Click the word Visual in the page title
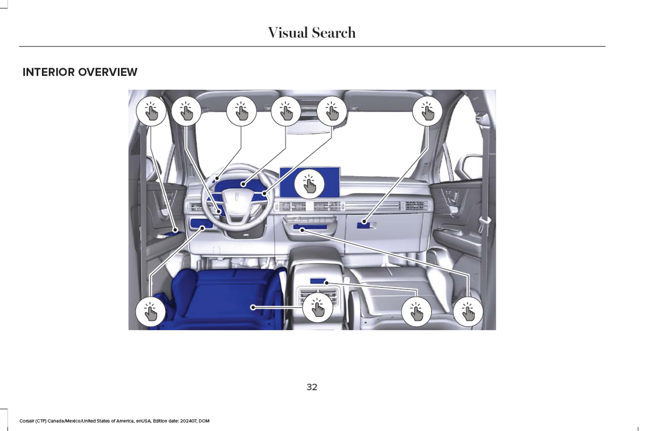click(x=287, y=33)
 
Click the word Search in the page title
click(x=333, y=33)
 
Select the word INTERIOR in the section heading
click(x=49, y=72)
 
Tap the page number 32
click(x=312, y=387)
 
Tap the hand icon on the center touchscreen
click(x=309, y=184)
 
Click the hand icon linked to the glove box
click(x=427, y=111)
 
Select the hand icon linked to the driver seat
click(x=317, y=307)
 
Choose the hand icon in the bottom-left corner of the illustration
click(x=150, y=311)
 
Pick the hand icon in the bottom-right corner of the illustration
click(x=468, y=311)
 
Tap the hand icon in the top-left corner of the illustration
click(x=151, y=111)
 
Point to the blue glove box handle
click(x=364, y=224)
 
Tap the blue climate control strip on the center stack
click(x=309, y=228)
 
